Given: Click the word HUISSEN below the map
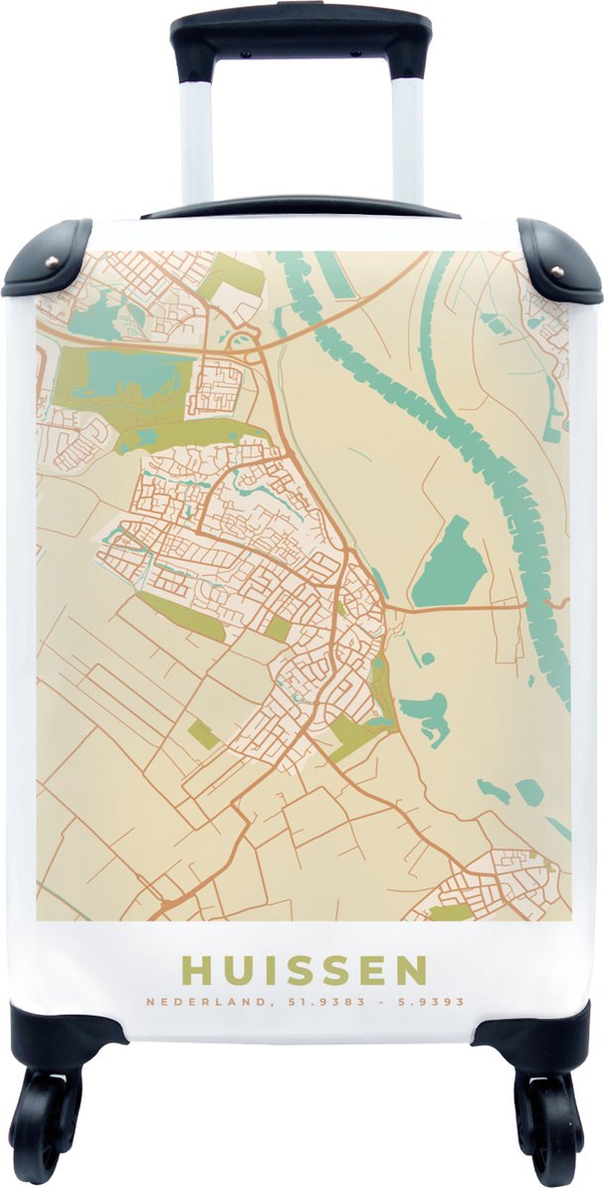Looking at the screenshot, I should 304,970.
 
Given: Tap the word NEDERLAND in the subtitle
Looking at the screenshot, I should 187,1002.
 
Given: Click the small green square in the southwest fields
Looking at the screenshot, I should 203,734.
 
